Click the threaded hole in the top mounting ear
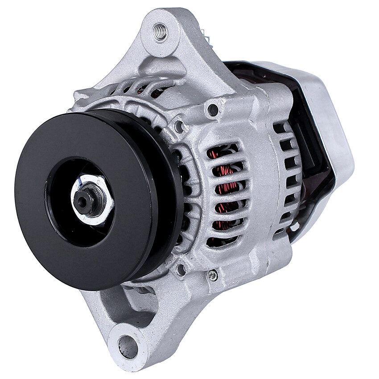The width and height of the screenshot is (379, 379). (160, 32)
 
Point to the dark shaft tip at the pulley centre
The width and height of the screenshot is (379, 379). (82, 201)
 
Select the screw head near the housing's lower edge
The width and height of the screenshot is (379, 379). (213, 276)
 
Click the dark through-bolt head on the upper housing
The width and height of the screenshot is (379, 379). (213, 109)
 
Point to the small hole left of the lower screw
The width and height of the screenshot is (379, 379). (180, 269)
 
